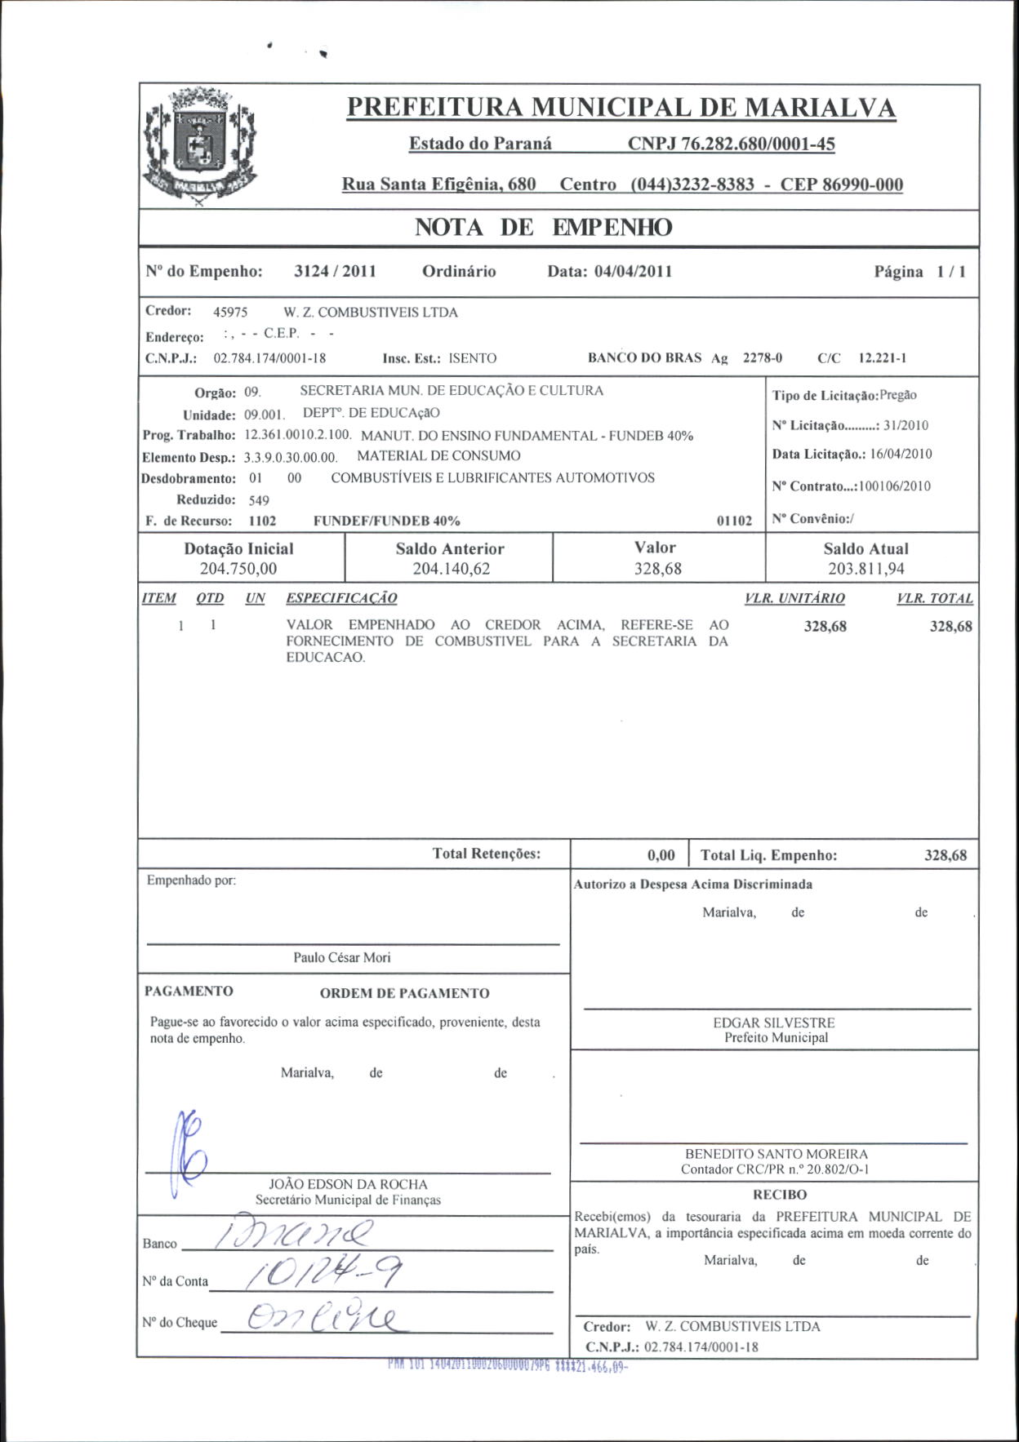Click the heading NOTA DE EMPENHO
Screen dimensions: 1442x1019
[543, 228]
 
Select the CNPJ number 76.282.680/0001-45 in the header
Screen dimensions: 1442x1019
[731, 144]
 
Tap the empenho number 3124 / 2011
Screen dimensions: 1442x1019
[335, 272]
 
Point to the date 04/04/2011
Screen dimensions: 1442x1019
[633, 272]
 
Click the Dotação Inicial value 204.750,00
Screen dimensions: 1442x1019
[238, 569]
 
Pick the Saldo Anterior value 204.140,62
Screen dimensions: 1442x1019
[451, 569]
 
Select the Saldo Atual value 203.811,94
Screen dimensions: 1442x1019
[865, 569]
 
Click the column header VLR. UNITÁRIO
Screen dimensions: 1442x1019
[794, 598]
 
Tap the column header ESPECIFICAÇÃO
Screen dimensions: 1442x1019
[341, 598]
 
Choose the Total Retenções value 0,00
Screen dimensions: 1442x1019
[661, 855]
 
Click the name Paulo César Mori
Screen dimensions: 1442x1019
[342, 957]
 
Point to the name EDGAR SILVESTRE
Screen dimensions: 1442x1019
[774, 1023]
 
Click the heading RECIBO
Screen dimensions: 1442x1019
[780, 1195]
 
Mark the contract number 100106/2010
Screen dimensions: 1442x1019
[895, 486]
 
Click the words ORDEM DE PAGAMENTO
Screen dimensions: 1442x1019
[404, 993]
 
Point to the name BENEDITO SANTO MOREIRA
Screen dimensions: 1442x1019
[776, 1154]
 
